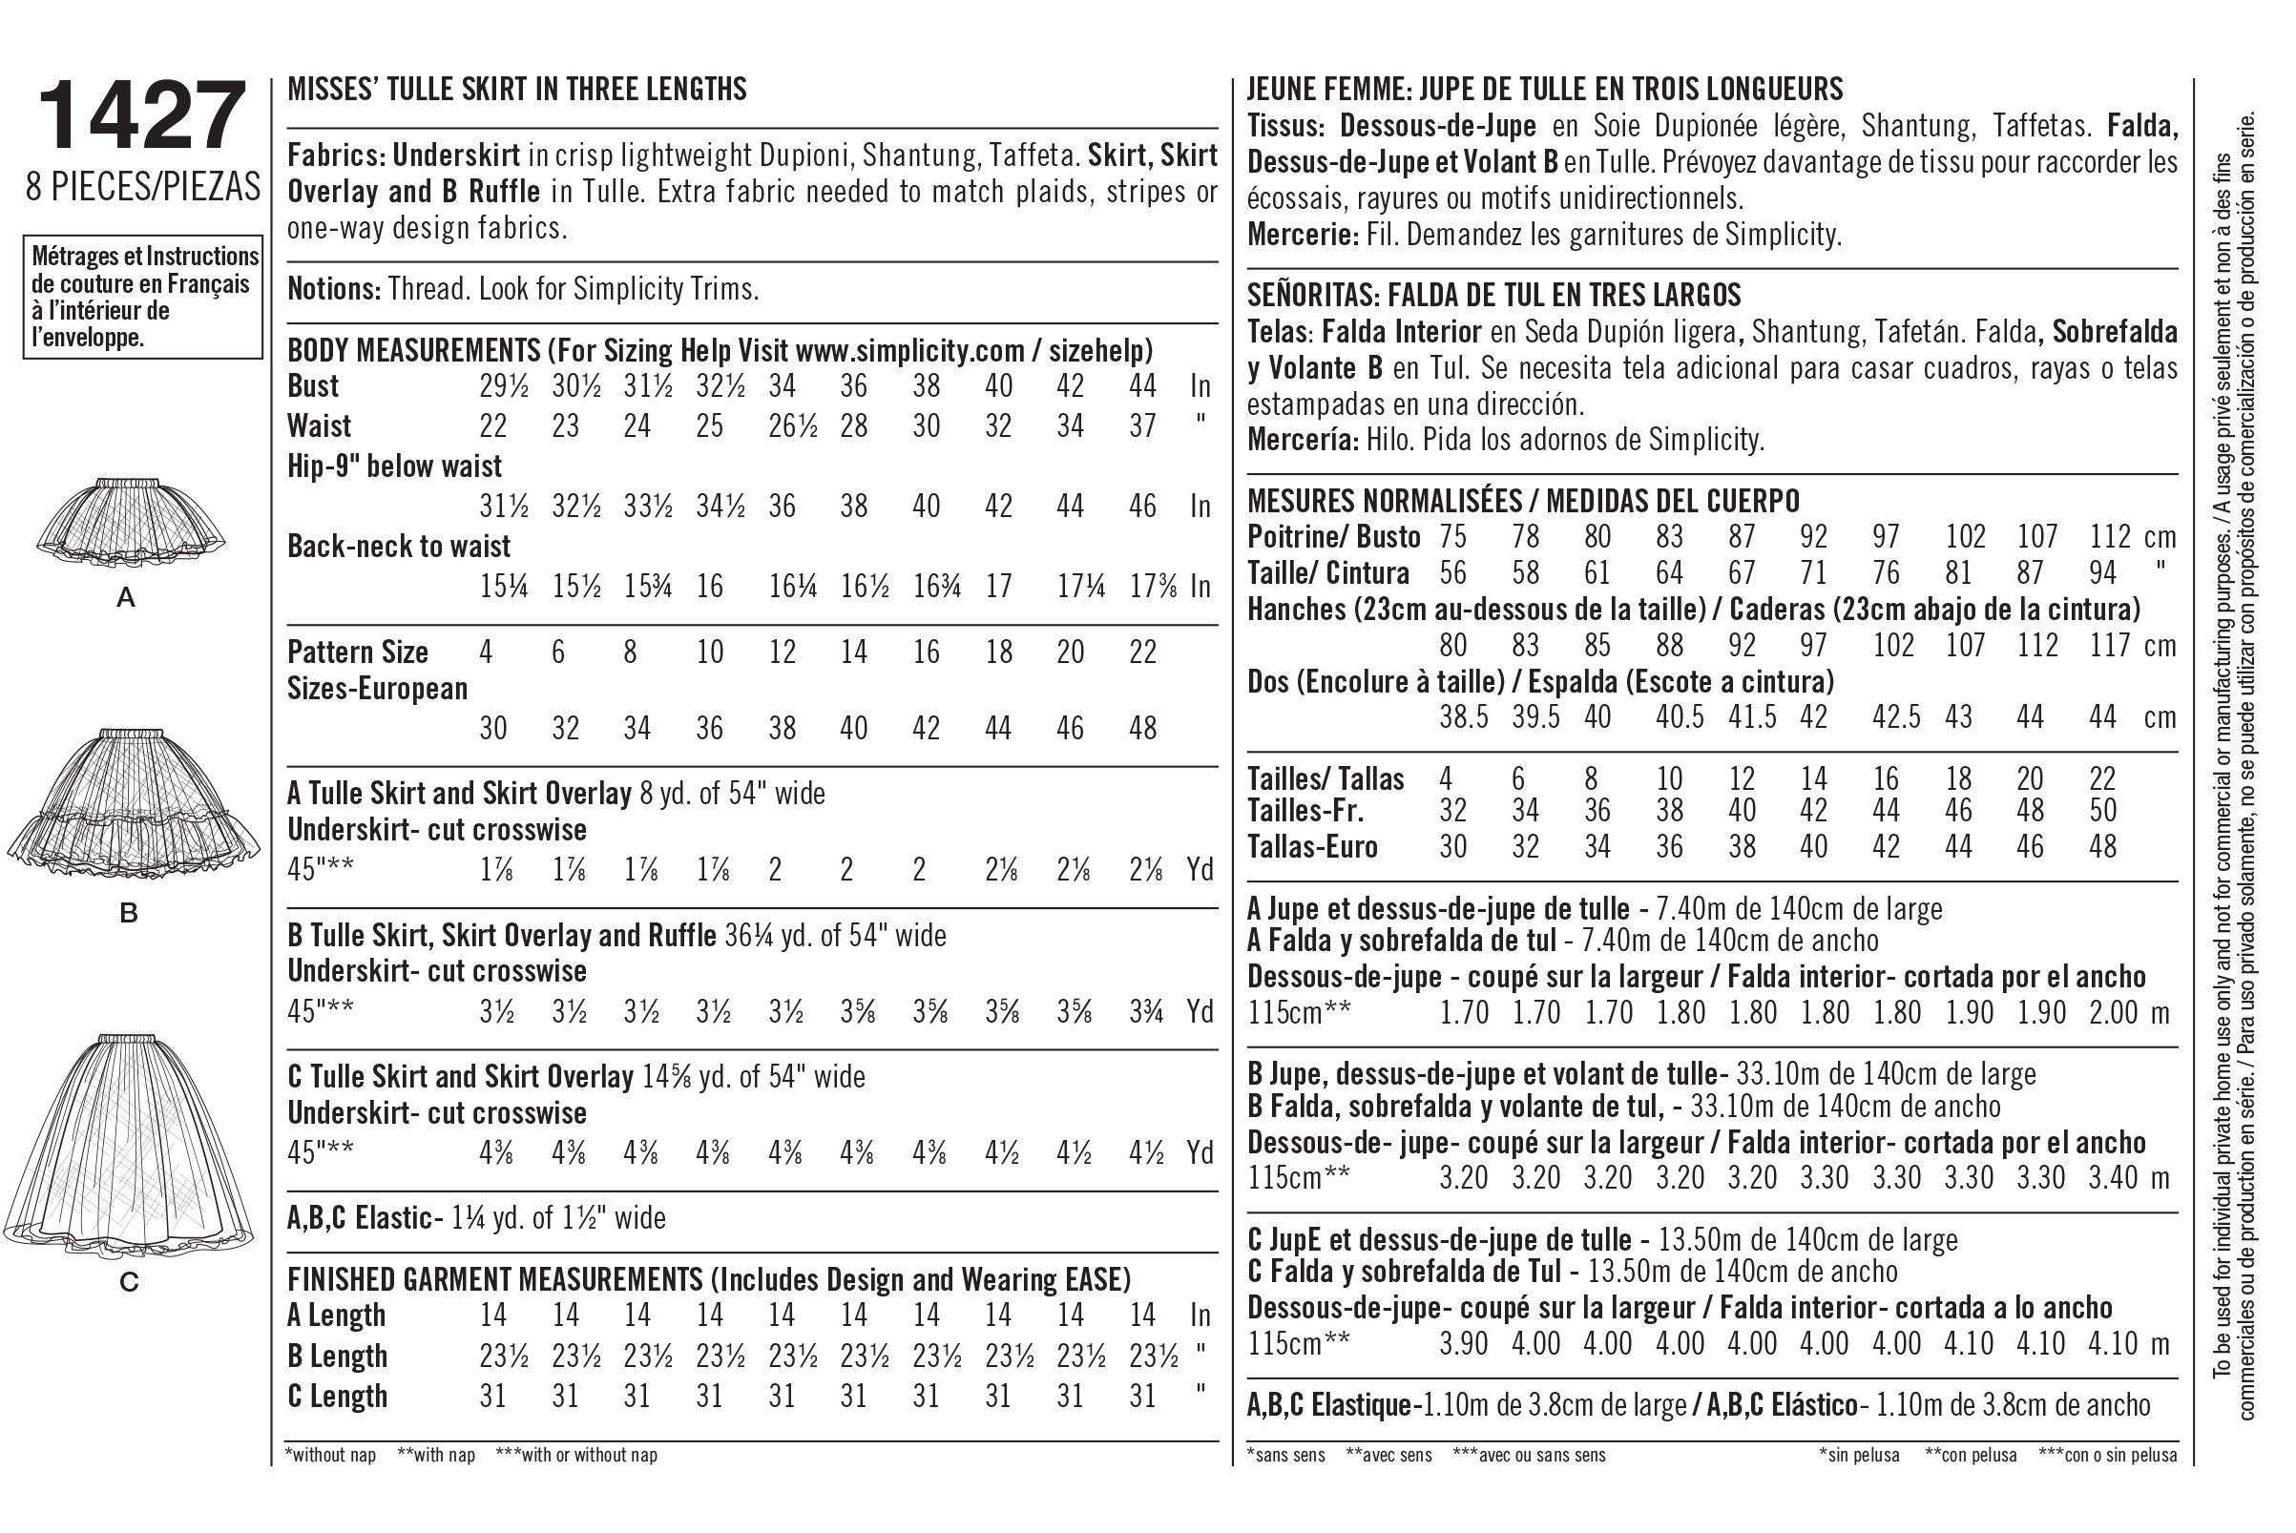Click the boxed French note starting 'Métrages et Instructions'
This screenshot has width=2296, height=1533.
pyautogui.click(x=144, y=298)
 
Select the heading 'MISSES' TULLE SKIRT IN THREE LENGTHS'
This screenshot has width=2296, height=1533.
pyautogui.click(x=516, y=90)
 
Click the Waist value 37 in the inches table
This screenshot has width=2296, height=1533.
pyautogui.click(x=1142, y=426)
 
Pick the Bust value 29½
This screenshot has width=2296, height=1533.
pyautogui.click(x=504, y=386)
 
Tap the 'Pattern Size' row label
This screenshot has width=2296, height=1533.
pyautogui.click(x=358, y=653)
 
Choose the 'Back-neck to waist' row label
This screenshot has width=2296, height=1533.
pyautogui.click(x=399, y=546)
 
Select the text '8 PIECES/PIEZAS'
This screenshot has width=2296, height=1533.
pyautogui.click(x=144, y=187)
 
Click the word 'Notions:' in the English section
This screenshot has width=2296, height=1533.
pyautogui.click(x=333, y=289)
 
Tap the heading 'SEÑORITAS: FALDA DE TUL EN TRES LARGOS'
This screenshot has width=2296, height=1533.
pyautogui.click(x=1494, y=296)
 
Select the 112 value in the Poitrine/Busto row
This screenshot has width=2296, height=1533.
pyautogui.click(x=2110, y=537)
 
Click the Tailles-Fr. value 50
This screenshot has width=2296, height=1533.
pyautogui.click(x=2102, y=811)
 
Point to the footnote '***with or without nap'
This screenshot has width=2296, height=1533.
pyautogui.click(x=576, y=1455)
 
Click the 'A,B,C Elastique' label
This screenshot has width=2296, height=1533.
pyautogui.click(x=1331, y=1405)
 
